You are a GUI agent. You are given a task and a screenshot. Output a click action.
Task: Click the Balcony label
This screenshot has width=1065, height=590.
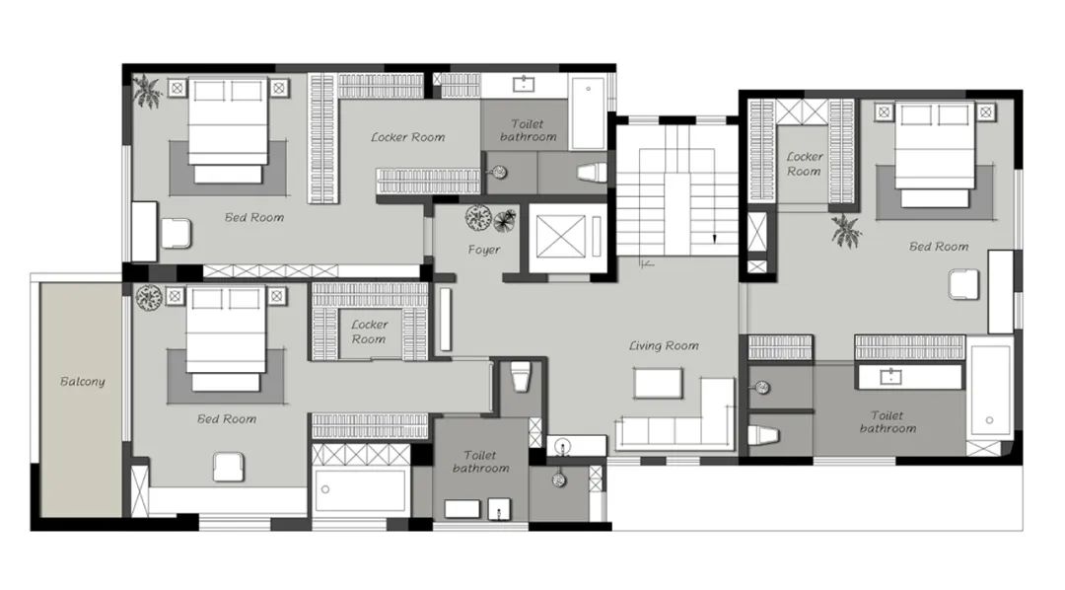(x=83, y=381)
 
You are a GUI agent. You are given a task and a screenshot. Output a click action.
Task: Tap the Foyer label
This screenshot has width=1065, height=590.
(x=483, y=250)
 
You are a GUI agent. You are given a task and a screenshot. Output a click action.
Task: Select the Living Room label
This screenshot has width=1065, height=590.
(x=664, y=345)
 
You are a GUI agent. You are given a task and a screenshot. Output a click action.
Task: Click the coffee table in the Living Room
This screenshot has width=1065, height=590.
(x=658, y=384)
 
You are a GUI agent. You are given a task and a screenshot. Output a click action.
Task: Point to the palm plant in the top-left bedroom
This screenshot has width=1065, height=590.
(x=147, y=91)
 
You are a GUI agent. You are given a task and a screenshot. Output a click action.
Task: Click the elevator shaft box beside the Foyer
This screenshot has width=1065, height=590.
(x=561, y=237)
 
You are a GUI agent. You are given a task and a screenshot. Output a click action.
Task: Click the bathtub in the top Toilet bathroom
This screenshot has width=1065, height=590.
(x=588, y=113)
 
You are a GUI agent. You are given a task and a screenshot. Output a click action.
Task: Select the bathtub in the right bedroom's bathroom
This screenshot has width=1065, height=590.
(x=989, y=390)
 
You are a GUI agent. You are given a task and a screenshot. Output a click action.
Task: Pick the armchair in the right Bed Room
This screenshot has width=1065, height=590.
(x=964, y=284)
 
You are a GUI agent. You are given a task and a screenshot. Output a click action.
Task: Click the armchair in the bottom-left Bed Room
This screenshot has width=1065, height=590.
(x=228, y=467)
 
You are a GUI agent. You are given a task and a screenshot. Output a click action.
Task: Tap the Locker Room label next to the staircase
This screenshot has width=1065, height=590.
(x=805, y=164)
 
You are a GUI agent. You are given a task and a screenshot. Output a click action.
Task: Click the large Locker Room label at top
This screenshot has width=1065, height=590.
(x=407, y=136)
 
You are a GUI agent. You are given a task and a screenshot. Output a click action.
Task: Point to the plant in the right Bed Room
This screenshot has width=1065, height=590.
(x=846, y=231)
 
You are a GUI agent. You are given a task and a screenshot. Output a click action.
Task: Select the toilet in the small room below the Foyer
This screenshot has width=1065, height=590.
(x=521, y=377)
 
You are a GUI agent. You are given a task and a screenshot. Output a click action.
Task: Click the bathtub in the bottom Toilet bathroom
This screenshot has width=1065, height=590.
(x=361, y=489)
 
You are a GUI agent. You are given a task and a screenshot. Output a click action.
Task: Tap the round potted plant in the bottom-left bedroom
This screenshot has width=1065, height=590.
(x=149, y=298)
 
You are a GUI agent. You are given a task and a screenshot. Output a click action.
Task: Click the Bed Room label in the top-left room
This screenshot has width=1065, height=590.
(x=254, y=217)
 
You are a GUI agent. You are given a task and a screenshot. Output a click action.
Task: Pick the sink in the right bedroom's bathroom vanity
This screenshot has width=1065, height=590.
(x=890, y=376)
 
